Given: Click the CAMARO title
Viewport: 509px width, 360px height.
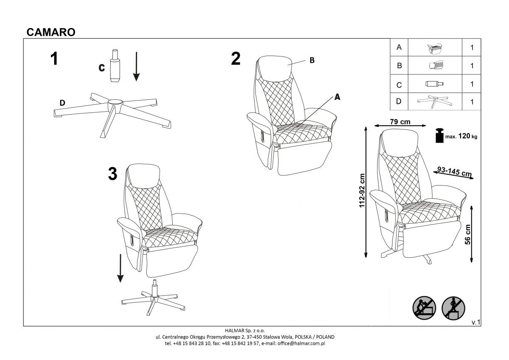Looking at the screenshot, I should [x=51, y=32].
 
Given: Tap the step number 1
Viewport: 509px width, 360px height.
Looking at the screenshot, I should [x=54, y=59].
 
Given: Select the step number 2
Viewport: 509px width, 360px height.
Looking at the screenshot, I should [x=236, y=59].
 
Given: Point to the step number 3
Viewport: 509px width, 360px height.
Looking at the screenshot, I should [x=112, y=174].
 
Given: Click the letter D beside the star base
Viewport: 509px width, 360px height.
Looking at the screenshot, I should [x=62, y=103].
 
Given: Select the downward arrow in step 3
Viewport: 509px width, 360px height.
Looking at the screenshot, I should [x=120, y=268].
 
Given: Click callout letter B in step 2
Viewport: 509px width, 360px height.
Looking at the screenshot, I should [x=312, y=60].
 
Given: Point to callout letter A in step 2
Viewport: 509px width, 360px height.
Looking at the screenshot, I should [x=338, y=97].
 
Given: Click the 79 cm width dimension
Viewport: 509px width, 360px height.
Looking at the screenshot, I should [x=400, y=122].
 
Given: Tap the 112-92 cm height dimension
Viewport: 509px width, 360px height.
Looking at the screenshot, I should [x=362, y=191].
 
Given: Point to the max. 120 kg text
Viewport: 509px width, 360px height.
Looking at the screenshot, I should [x=461, y=137].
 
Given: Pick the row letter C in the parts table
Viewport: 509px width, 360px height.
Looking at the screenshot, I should [x=399, y=84].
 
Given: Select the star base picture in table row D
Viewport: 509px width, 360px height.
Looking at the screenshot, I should [x=434, y=101].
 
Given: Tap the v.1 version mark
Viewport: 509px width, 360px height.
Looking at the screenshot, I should [x=475, y=323].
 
